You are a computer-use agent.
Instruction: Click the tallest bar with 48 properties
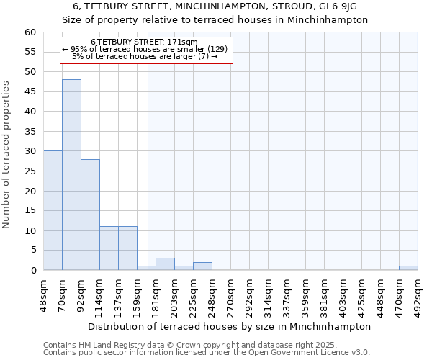tap(71, 175)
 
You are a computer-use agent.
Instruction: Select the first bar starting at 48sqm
tap(53, 210)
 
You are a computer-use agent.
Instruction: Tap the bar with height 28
tap(90, 215)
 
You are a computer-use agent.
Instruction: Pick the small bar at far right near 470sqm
tap(408, 268)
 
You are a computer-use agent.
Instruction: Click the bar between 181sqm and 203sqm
tap(165, 264)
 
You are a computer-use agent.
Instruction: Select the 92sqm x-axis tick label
tap(81, 294)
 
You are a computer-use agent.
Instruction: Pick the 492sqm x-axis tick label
tap(418, 294)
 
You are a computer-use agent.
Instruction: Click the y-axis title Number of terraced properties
tap(7, 155)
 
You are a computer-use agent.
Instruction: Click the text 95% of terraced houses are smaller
tap(145, 49)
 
